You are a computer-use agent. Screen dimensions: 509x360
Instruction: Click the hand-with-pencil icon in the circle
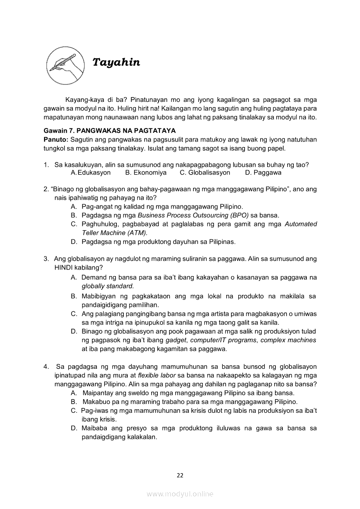(61, 63)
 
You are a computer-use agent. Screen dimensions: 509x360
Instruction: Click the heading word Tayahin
(116, 63)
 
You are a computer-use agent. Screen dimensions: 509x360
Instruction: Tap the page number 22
(180, 475)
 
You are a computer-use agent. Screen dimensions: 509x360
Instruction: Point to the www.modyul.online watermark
(180, 494)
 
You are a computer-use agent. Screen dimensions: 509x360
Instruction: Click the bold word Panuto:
(56, 139)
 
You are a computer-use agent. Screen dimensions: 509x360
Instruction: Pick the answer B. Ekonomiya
(146, 172)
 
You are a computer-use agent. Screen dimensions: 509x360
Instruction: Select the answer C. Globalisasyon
(205, 172)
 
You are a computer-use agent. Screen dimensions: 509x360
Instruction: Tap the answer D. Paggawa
(263, 172)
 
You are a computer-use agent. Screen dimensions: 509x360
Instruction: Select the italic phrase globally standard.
(108, 286)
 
